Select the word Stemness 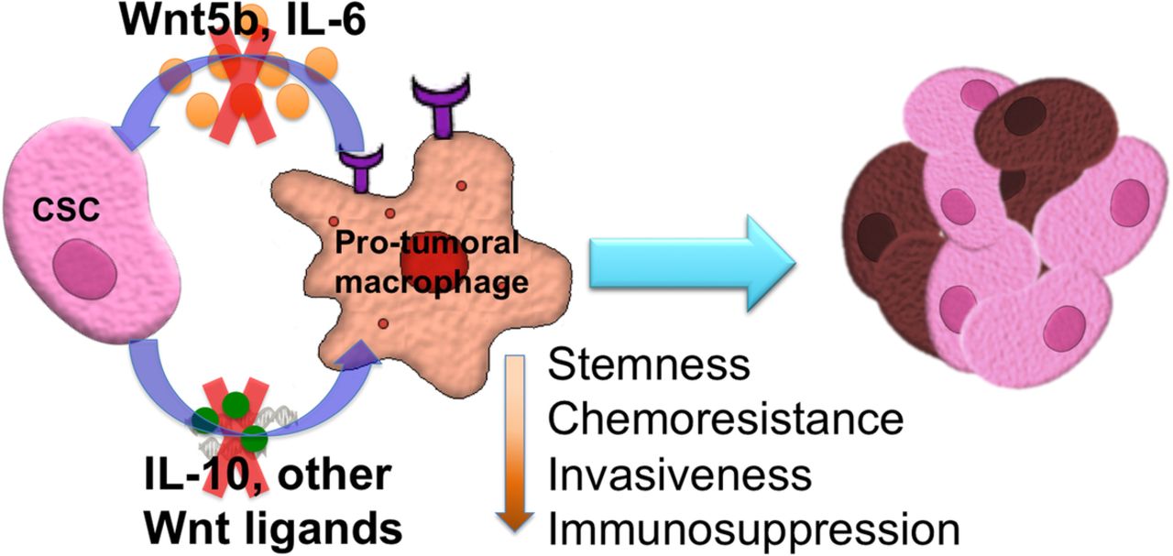(649, 366)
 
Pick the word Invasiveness (679, 475)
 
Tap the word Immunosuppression (752, 529)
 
